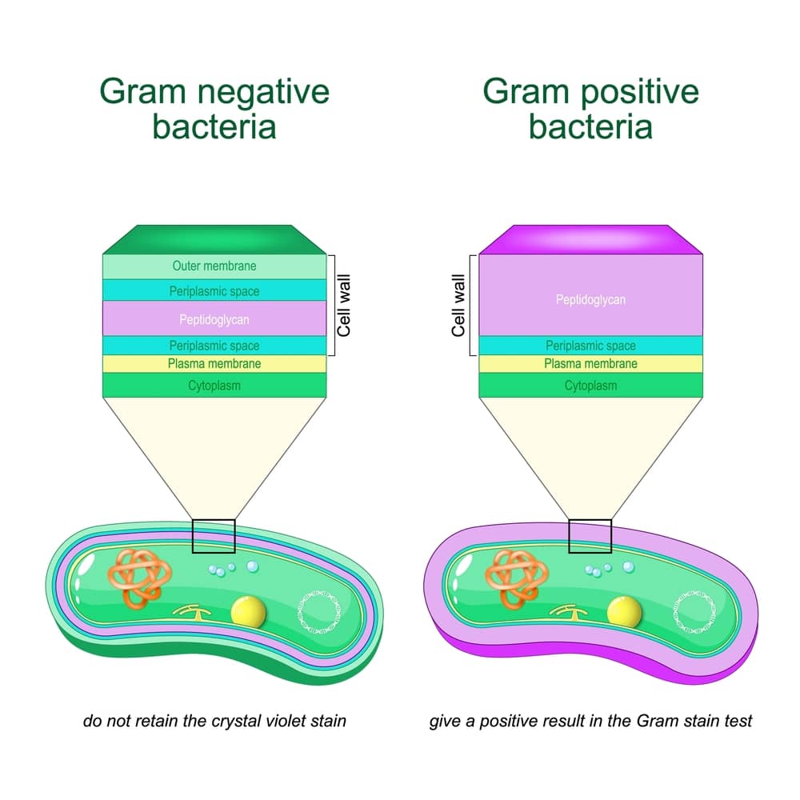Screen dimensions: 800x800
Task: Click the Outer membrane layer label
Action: pyautogui.click(x=214, y=266)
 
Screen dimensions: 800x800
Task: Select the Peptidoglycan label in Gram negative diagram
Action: pyautogui.click(x=214, y=319)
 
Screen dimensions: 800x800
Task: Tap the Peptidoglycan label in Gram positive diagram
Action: pyautogui.click(x=590, y=300)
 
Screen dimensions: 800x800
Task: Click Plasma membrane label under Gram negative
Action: pyautogui.click(x=214, y=364)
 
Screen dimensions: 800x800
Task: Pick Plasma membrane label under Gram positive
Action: pyautogui.click(x=590, y=364)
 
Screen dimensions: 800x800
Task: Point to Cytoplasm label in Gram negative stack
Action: pyautogui.click(x=214, y=386)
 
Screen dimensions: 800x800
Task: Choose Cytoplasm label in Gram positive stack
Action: pyautogui.click(x=590, y=386)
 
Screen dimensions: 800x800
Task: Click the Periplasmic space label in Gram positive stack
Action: pyautogui.click(x=590, y=346)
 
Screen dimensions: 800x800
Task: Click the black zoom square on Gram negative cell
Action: pyautogui.click(x=214, y=536)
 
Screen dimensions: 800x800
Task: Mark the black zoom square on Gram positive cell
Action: pyautogui.click(x=590, y=536)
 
